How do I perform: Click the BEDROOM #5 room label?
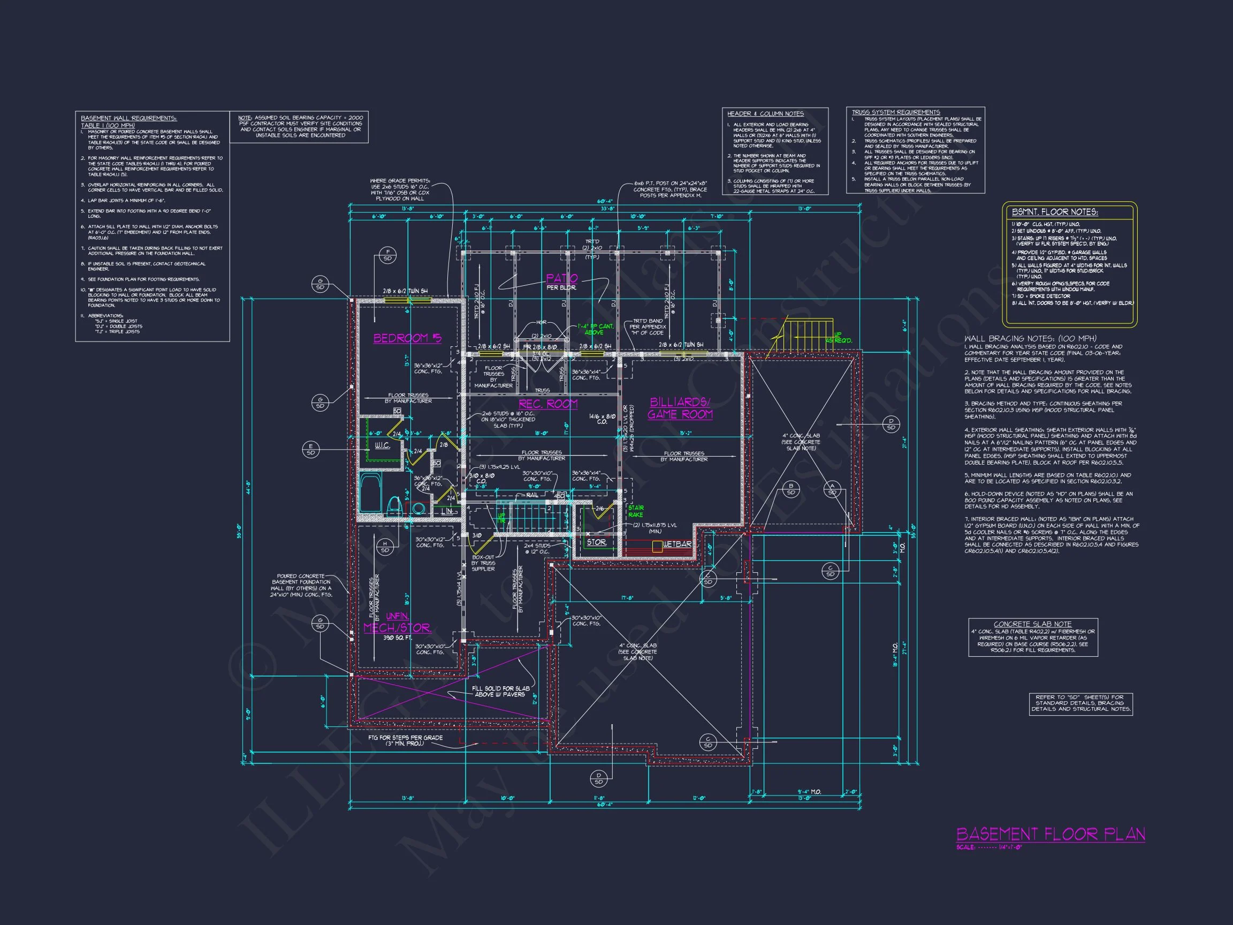click(x=407, y=338)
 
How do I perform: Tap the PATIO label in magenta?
click(x=561, y=278)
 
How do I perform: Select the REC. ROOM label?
click(x=548, y=404)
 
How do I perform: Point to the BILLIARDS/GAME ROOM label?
click(x=680, y=408)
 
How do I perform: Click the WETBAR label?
click(x=676, y=544)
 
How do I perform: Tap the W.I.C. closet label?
click(x=382, y=445)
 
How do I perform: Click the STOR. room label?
click(x=596, y=542)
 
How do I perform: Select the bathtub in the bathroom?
click(x=368, y=493)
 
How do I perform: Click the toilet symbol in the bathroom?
click(x=393, y=505)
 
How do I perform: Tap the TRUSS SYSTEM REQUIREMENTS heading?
click(x=895, y=112)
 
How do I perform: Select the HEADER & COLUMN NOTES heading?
click(x=765, y=113)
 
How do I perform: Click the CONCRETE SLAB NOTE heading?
click(x=1032, y=624)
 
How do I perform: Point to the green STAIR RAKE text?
click(x=635, y=511)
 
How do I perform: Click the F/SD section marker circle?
click(x=387, y=255)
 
